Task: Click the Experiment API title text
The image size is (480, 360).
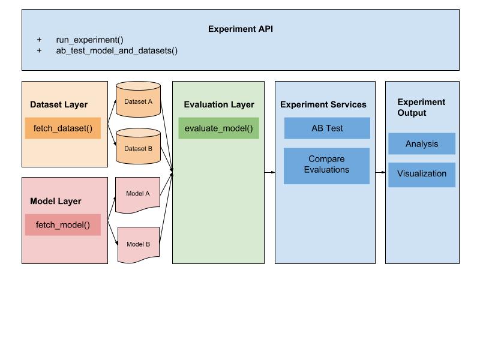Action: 241,29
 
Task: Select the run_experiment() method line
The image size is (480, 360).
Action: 89,40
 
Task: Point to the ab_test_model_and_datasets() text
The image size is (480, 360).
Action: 116,51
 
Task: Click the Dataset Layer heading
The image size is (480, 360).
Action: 59,104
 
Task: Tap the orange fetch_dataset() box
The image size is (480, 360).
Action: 62,128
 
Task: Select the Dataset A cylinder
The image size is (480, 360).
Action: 138,102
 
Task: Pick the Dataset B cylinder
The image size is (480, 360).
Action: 138,148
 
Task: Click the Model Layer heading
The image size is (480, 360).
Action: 55,201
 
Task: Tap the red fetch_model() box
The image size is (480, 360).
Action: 62,225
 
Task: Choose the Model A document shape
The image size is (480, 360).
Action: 138,194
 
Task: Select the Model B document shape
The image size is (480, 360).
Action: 138,244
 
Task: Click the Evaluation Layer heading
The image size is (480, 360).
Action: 218,104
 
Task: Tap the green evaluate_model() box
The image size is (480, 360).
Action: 218,128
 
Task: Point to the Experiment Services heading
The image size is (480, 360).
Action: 323,104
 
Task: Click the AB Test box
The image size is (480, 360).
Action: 326,128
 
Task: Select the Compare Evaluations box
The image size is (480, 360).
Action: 326,165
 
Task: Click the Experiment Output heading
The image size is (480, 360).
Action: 421,107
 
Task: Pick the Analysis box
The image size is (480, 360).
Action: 421,144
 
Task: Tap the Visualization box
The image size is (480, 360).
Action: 421,174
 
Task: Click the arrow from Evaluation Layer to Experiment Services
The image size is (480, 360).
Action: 269,172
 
